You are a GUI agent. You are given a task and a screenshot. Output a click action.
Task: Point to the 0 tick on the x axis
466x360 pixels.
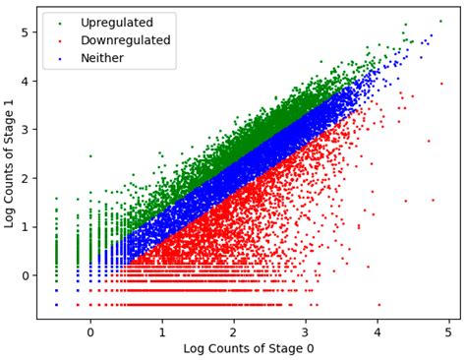point(90,331)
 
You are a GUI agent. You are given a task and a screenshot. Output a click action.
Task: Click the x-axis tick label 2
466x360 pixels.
point(234,331)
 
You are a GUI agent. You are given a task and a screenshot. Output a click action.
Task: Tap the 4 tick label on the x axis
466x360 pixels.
point(378,331)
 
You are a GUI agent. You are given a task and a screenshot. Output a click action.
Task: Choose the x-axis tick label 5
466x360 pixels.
point(449,331)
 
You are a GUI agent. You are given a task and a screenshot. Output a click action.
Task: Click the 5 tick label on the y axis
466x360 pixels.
point(25,32)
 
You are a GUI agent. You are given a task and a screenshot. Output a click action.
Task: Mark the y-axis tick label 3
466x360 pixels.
point(25,130)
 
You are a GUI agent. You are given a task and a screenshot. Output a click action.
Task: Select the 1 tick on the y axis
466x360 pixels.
point(25,226)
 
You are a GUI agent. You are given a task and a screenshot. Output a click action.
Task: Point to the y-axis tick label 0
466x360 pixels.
point(25,275)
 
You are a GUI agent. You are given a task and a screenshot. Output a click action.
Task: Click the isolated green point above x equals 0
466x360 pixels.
point(90,155)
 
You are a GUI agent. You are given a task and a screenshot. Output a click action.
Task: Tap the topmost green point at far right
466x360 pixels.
point(440,21)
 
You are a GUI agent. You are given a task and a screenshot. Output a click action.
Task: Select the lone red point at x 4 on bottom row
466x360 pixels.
point(379,305)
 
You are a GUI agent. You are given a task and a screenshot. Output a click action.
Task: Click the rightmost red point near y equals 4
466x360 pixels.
point(441,84)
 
